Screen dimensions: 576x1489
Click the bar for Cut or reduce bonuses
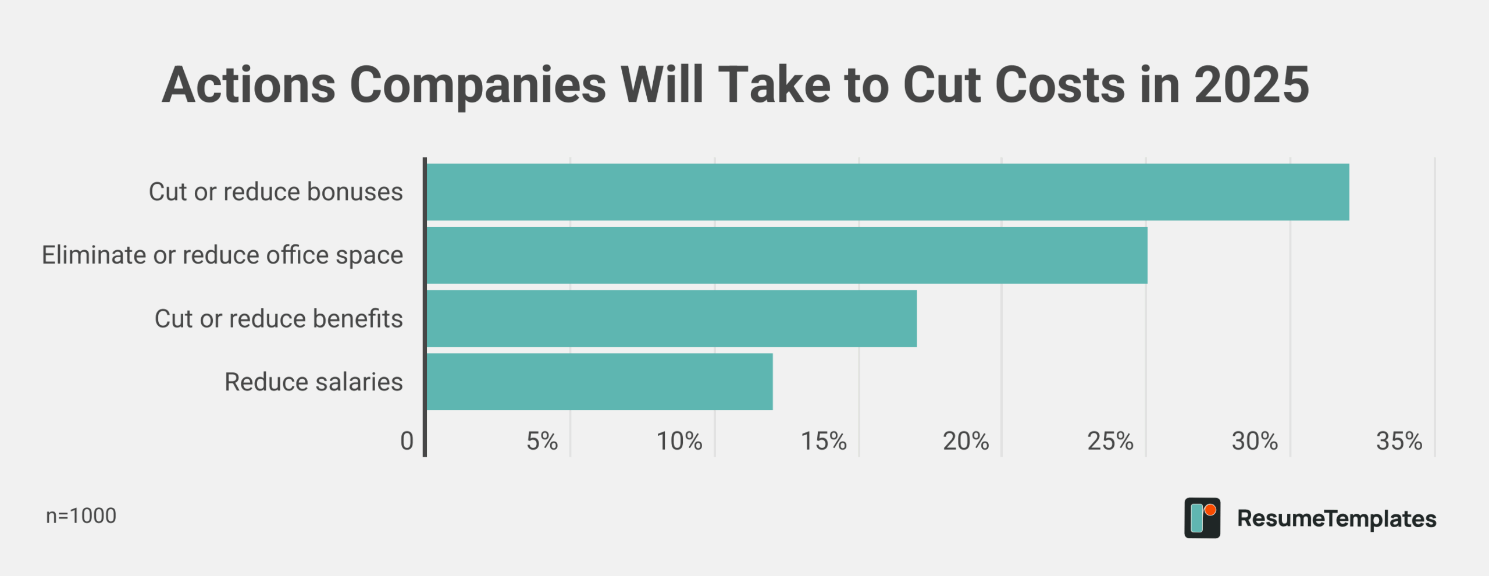pos(888,192)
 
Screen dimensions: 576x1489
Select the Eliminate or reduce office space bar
pos(787,255)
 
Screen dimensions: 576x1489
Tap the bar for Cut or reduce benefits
pos(672,319)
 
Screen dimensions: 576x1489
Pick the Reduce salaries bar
pos(600,382)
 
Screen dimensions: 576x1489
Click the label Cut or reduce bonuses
pos(276,192)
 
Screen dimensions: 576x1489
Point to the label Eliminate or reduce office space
pos(222,255)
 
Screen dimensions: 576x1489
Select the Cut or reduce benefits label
pos(279,319)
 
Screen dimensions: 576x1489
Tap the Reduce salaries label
pos(314,382)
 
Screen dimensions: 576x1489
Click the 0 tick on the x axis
pos(407,441)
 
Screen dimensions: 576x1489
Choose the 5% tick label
pos(542,441)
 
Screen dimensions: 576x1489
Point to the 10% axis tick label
pos(679,441)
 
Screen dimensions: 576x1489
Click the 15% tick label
pos(824,441)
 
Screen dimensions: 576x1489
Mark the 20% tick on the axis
pos(966,441)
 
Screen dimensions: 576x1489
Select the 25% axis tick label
pos(1110,441)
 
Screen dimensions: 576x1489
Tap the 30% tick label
pos(1255,441)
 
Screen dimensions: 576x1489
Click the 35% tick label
pos(1399,441)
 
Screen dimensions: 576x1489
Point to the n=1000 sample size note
pos(81,516)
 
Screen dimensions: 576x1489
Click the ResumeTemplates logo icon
pos(1202,518)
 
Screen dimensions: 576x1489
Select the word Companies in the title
pos(478,85)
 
